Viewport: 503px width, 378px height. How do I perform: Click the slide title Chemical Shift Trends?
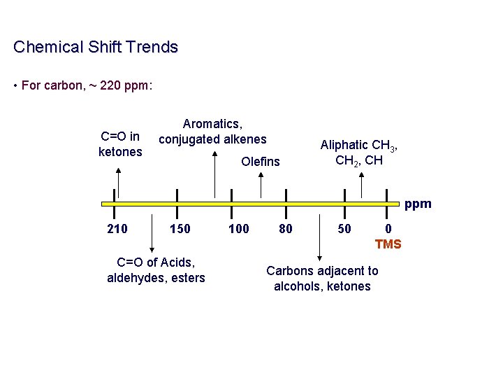click(x=96, y=48)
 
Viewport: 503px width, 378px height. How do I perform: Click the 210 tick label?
click(x=117, y=229)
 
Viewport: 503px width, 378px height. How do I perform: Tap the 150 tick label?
click(x=180, y=229)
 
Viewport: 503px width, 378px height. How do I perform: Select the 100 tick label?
click(x=239, y=229)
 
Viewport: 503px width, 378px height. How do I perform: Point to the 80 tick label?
click(x=286, y=229)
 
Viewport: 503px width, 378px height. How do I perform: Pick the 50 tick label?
click(x=344, y=229)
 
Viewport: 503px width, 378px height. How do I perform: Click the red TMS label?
click(x=388, y=244)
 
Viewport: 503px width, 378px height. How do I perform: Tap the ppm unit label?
click(x=418, y=204)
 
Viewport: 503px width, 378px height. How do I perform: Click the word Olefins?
click(x=260, y=162)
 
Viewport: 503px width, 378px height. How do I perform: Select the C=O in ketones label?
click(x=120, y=144)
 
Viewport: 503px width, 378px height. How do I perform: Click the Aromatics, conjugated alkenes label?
click(x=212, y=132)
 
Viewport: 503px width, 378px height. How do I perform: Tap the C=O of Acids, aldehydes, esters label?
click(x=156, y=270)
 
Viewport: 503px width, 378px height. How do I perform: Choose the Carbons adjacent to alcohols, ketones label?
click(x=322, y=278)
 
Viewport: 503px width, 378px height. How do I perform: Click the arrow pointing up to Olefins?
click(x=261, y=186)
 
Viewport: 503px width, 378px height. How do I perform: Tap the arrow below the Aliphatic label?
click(x=361, y=184)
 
